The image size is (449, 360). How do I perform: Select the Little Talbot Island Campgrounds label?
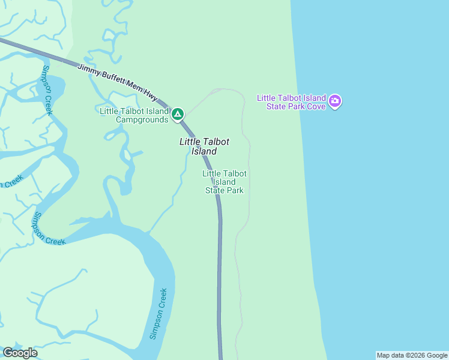pyautogui.click(x=134, y=115)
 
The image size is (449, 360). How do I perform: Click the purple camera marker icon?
pyautogui.click(x=336, y=102)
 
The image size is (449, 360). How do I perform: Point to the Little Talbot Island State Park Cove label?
pyautogui.click(x=291, y=102)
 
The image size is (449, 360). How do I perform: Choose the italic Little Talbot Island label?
pyautogui.click(x=204, y=146)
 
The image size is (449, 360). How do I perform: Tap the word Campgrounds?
pyautogui.click(x=142, y=119)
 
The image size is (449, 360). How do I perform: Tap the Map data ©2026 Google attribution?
pyautogui.click(x=411, y=355)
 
